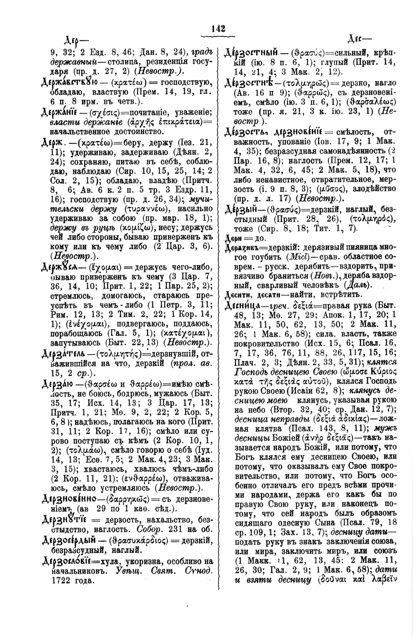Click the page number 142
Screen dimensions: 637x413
(218, 28)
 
